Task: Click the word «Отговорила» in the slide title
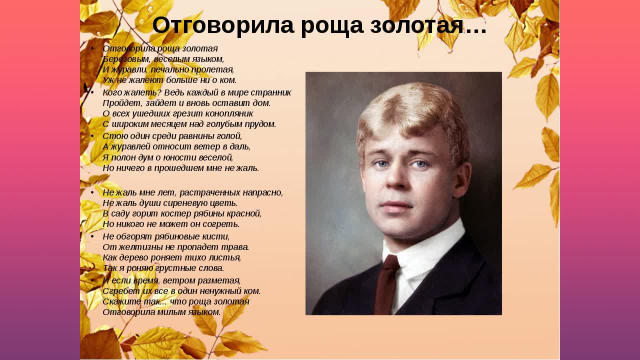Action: click(223, 25)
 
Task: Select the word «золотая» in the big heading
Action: click(416, 25)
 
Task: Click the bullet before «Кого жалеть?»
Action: click(92, 92)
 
